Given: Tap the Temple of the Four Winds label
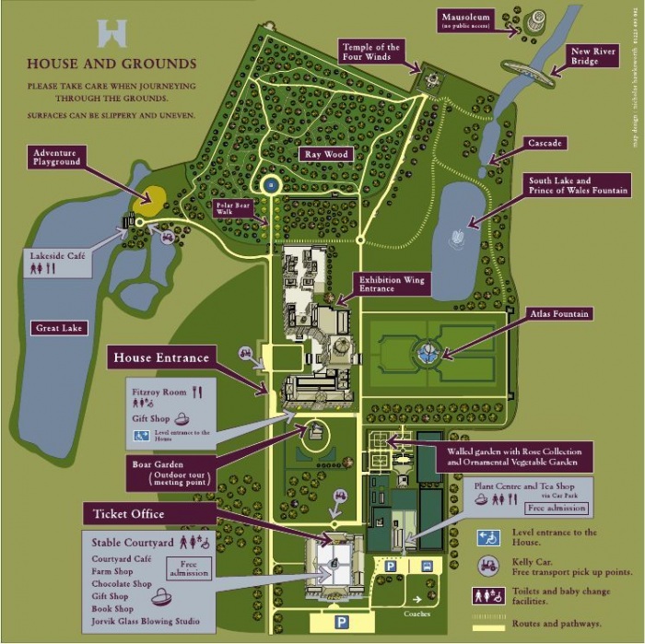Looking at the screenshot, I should pyautogui.click(x=371, y=53).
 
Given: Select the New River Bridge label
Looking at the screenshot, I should pyautogui.click(x=592, y=57).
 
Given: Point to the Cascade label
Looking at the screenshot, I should pyautogui.click(x=545, y=144).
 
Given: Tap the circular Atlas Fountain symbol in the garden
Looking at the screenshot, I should pyautogui.click(x=425, y=351).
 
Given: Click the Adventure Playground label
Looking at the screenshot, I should pyautogui.click(x=56, y=157).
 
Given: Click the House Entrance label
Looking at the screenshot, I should pyautogui.click(x=160, y=357).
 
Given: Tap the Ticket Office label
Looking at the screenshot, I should pyautogui.click(x=128, y=513).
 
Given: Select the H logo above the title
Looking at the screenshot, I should pyautogui.click(x=111, y=33).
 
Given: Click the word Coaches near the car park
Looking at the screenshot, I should pyautogui.click(x=416, y=614).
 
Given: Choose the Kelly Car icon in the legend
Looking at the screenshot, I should pyautogui.click(x=488, y=566).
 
